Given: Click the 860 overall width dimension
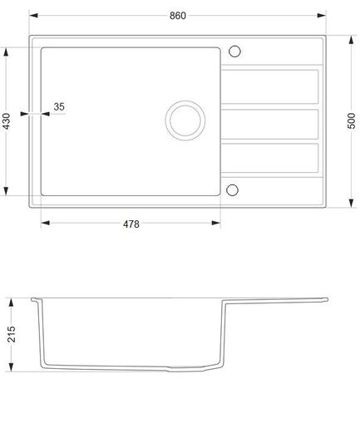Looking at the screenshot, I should [x=176, y=16].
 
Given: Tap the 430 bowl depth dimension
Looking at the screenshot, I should [x=7, y=122].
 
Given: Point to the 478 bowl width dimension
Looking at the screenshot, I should [x=130, y=224].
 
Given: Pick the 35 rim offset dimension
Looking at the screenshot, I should [x=59, y=106].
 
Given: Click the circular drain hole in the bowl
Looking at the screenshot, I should [x=183, y=119].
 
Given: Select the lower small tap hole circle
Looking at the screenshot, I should [x=234, y=188].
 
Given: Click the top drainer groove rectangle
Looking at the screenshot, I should [x=272, y=85].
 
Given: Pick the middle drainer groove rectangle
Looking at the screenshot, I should [x=272, y=122].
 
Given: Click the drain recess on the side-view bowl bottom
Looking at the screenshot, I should [x=187, y=367].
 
